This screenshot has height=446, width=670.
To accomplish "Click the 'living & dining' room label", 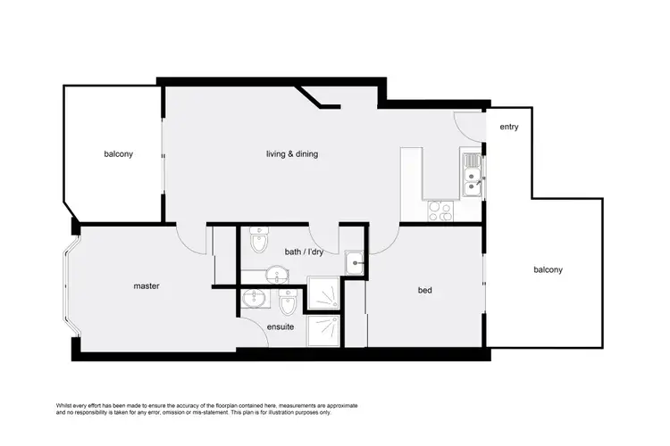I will pos(292,154).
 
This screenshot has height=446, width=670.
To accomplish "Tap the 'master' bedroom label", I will pos(146,286).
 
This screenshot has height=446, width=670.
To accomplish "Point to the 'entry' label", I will pos(509,128).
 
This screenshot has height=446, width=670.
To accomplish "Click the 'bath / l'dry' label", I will pos(303,252).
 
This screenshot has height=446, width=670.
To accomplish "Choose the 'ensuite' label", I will pos(280,326).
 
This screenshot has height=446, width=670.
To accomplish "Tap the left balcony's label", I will pos(118,154).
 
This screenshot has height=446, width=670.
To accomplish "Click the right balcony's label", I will pos(548,269).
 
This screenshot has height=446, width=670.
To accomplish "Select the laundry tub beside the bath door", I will pos(355,263).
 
